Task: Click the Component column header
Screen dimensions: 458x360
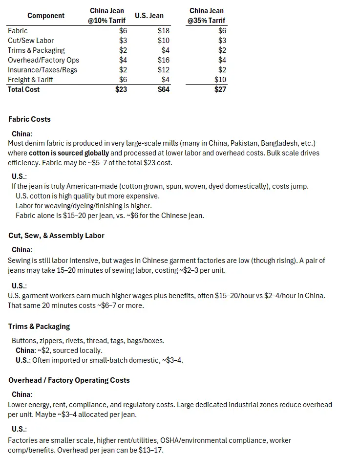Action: click(46, 16)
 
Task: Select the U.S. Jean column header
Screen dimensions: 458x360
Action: click(149, 16)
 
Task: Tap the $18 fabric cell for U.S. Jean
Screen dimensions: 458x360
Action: click(164, 31)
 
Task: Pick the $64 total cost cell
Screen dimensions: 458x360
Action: click(164, 89)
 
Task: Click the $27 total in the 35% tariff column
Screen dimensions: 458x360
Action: click(220, 89)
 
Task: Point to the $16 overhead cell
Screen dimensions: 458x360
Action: click(164, 60)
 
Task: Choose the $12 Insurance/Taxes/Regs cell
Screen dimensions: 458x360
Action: click(164, 70)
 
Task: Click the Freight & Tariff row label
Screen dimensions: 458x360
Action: click(30, 80)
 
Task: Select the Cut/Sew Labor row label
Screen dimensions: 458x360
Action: click(31, 41)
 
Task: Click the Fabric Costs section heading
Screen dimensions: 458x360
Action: click(29, 119)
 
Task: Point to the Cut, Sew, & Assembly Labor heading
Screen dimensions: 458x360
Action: click(56, 236)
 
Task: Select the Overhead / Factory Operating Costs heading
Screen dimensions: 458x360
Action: click(69, 380)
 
